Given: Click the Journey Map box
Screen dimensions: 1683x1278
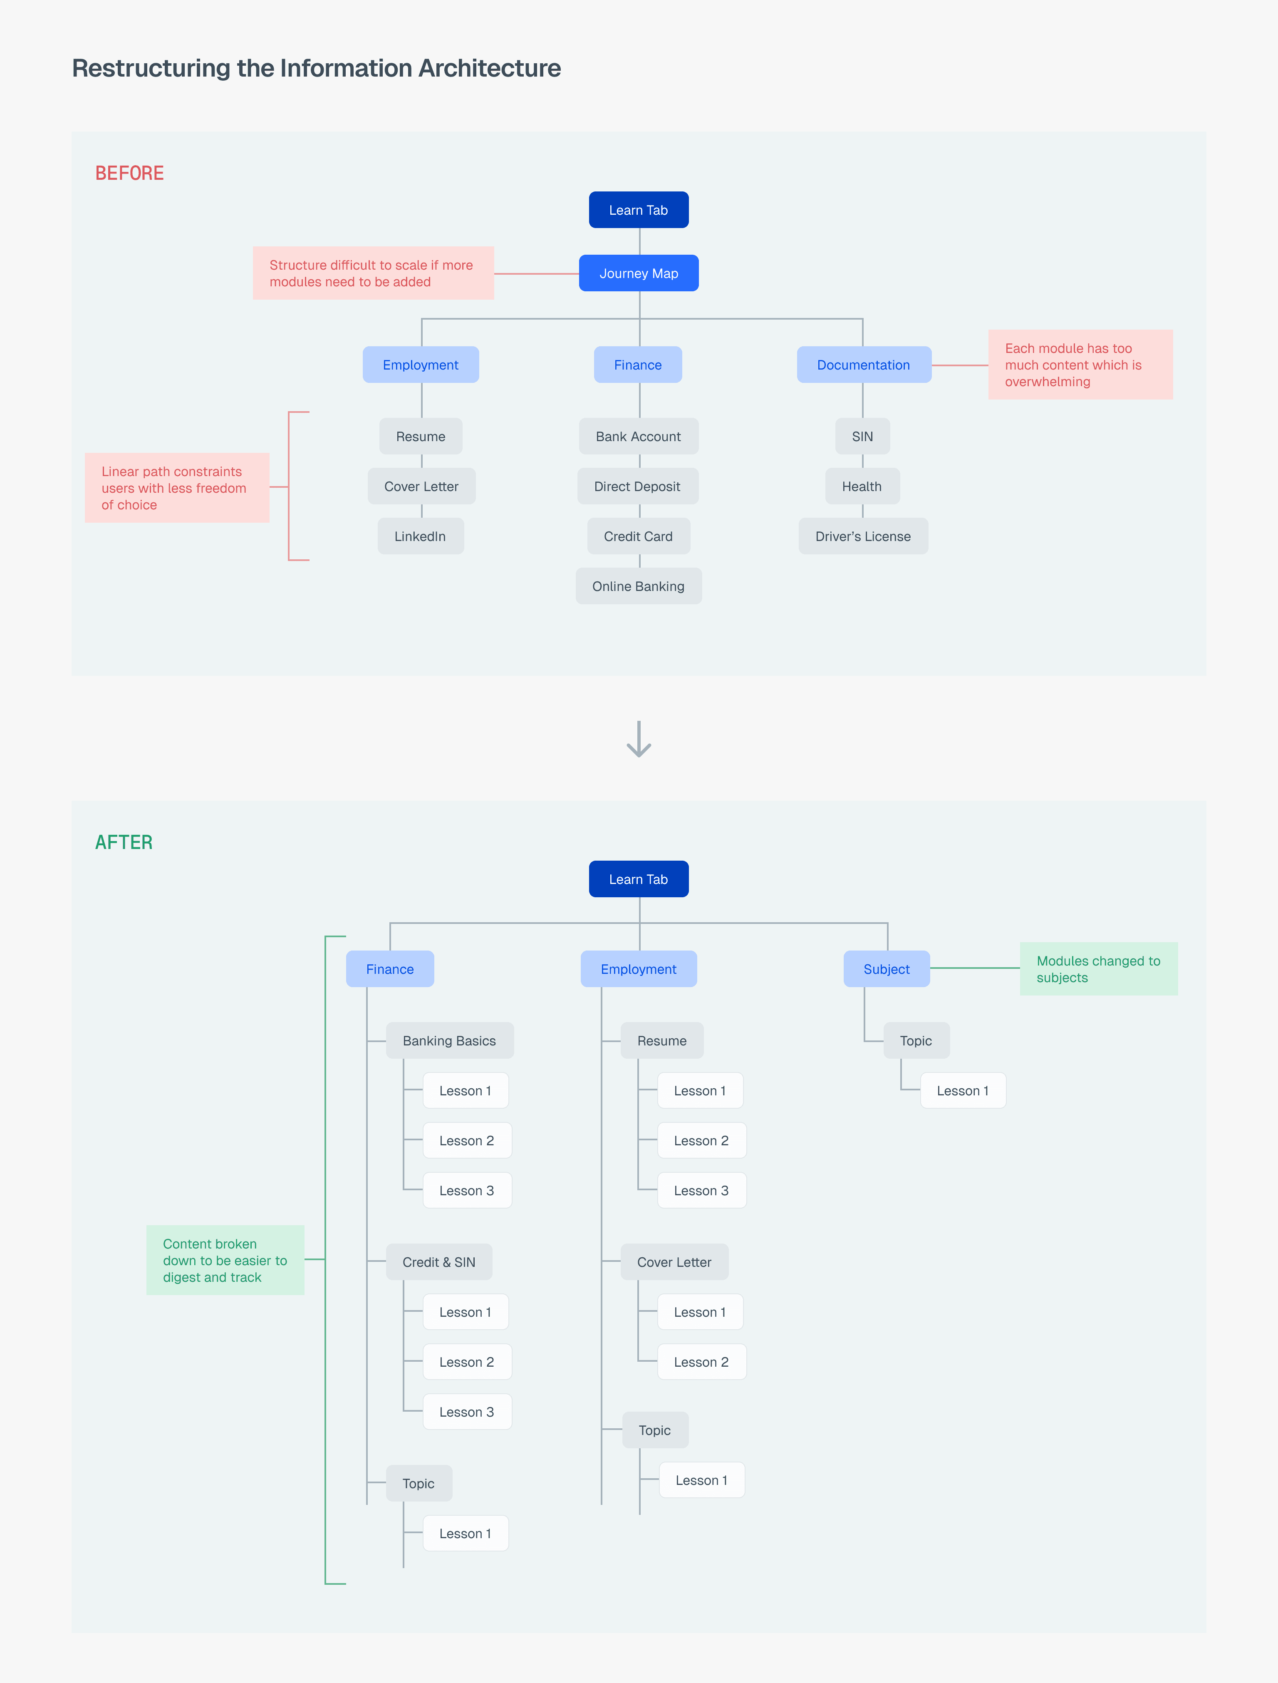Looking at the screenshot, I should (638, 273).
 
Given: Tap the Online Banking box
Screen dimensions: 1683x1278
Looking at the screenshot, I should (638, 586).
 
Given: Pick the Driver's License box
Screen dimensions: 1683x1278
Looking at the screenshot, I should (863, 536).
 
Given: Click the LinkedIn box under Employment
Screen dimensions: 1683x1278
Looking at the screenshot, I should (420, 536).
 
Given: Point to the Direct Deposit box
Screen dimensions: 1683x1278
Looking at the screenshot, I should (637, 486).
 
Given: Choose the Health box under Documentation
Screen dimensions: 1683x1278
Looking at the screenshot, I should (862, 486).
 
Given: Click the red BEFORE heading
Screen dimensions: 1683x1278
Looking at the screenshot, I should (129, 174).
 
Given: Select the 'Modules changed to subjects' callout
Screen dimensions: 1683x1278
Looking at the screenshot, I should (1098, 968).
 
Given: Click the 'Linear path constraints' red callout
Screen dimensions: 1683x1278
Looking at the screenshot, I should (176, 488).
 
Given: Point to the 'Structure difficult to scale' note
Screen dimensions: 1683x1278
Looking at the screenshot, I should (373, 273).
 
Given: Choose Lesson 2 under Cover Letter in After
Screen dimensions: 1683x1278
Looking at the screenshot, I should (701, 1361).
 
